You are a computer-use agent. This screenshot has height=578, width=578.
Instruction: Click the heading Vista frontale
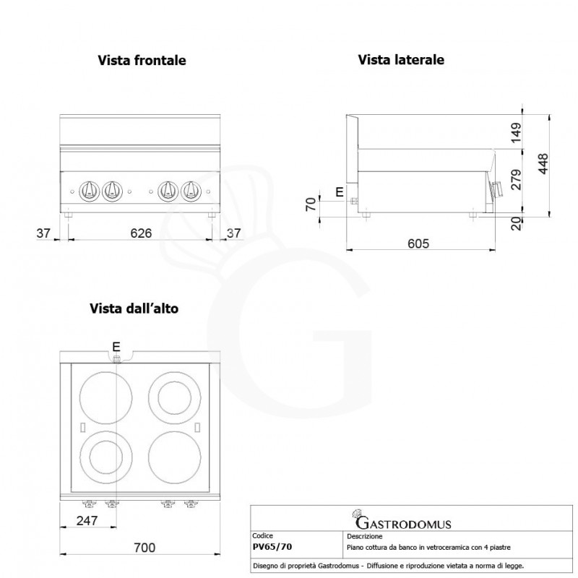coord(142,61)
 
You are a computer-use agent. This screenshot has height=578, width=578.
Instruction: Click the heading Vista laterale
coord(401,61)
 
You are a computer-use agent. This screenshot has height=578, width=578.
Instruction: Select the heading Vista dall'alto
coord(134,309)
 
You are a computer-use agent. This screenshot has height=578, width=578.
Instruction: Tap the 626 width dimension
coord(140,233)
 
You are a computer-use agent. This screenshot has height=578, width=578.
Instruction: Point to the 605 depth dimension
coord(418,243)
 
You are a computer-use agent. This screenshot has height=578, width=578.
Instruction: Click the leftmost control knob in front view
coord(89,190)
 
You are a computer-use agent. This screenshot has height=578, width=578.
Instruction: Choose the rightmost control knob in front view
coord(190,190)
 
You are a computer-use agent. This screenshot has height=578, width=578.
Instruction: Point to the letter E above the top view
coord(116,345)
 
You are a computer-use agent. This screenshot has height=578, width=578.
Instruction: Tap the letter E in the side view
coord(340,191)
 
